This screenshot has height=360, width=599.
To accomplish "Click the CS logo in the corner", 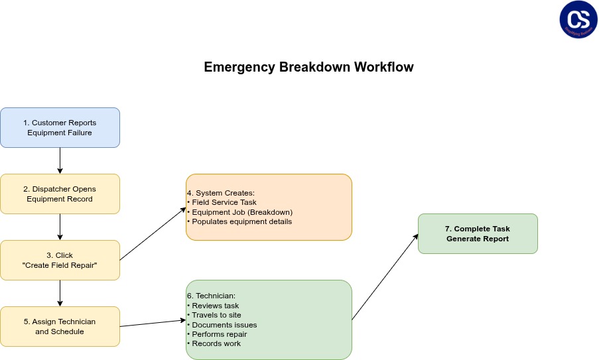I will pyautogui.click(x=578, y=19).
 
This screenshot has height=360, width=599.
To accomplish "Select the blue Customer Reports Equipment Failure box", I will pyautogui.click(x=60, y=127).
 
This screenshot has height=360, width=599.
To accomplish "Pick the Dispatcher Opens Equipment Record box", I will pyautogui.click(x=60, y=194).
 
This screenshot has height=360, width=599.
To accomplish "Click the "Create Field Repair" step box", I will pyautogui.click(x=60, y=260).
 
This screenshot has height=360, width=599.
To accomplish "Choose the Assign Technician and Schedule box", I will pyautogui.click(x=60, y=326).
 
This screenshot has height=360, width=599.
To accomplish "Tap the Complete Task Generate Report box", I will pyautogui.click(x=478, y=233).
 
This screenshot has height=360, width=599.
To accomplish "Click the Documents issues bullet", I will pyautogui.click(x=224, y=325).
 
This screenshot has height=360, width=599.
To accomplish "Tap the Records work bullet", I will pyautogui.click(x=216, y=343).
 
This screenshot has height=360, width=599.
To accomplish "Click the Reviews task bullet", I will pyautogui.click(x=215, y=306).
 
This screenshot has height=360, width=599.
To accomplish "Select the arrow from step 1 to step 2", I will pyautogui.click(x=60, y=160).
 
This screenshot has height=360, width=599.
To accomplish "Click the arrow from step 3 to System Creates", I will pyautogui.click(x=153, y=234).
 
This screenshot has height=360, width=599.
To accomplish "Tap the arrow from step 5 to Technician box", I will pyautogui.click(x=153, y=323).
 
